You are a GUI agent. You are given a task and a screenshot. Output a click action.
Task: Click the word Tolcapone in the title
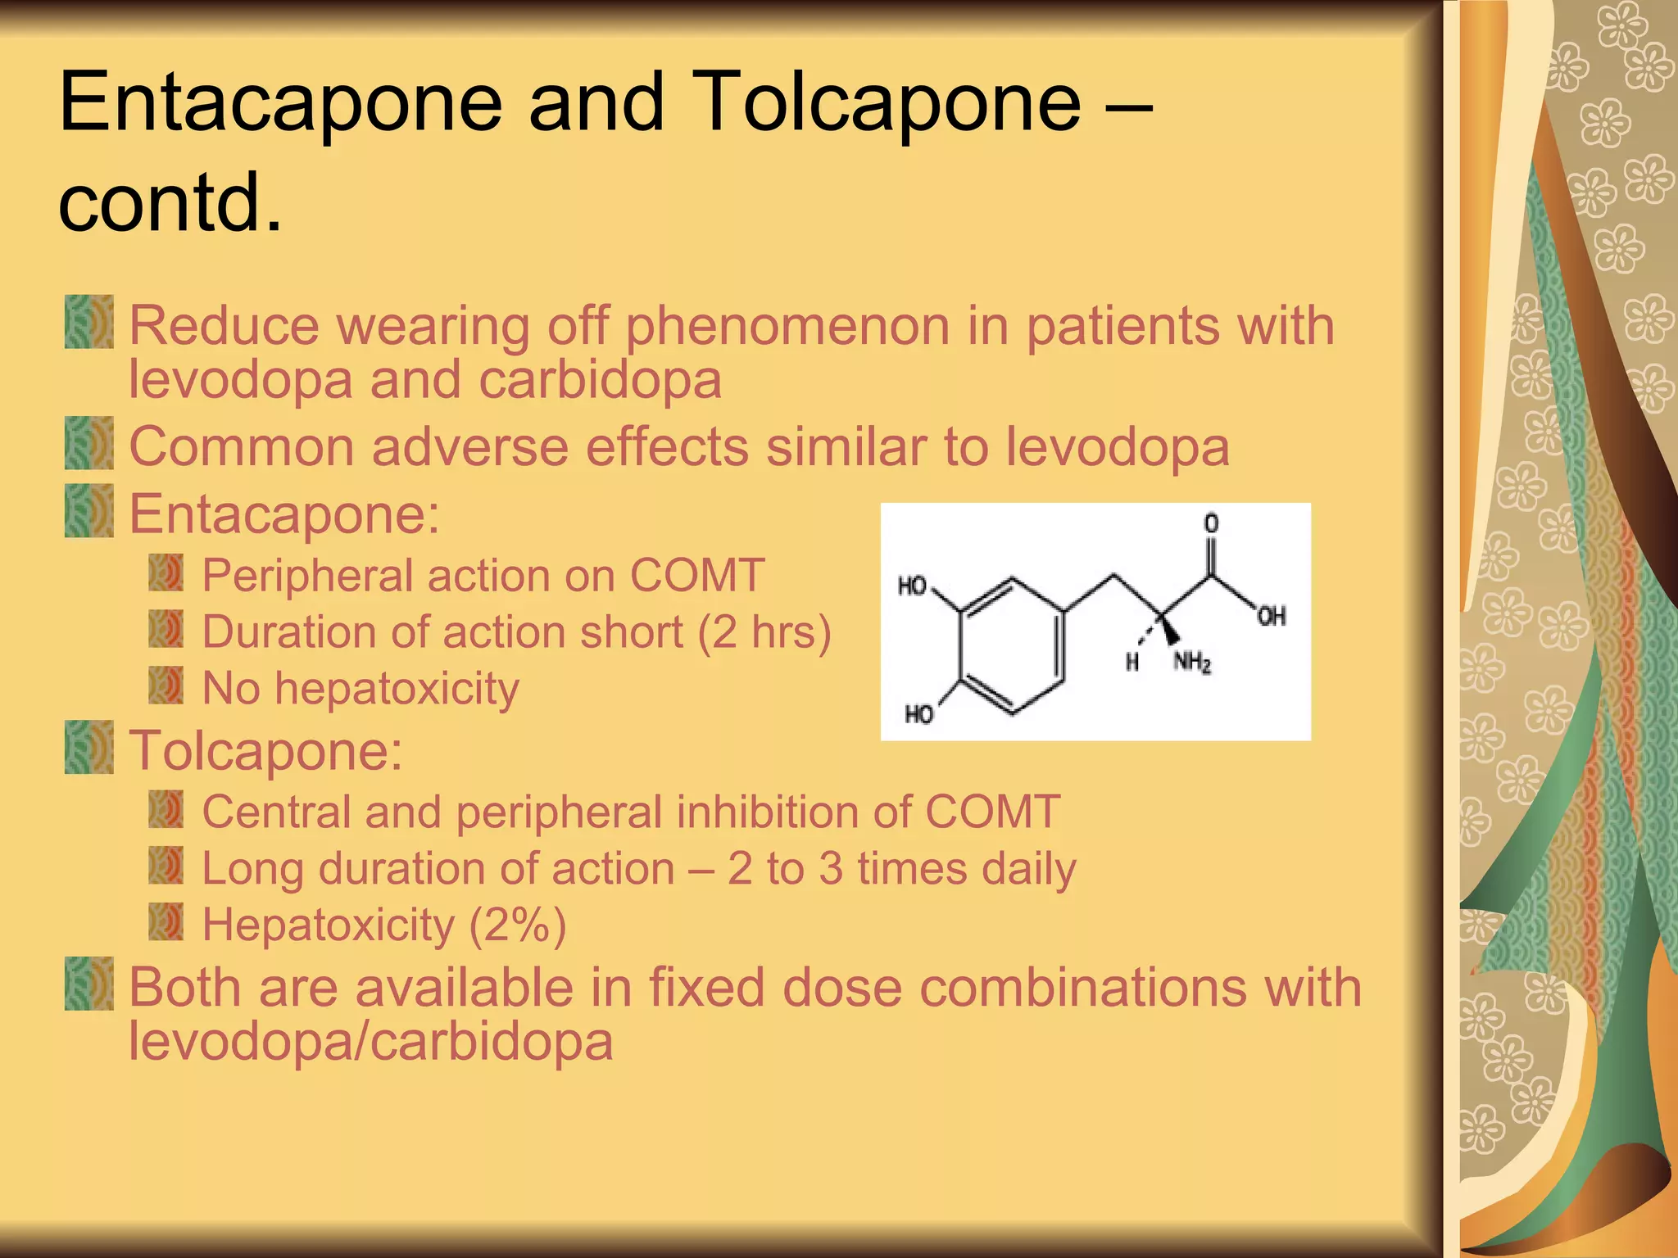pyautogui.click(x=889, y=102)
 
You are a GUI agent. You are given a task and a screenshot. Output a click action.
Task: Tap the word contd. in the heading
pyautogui.click(x=170, y=201)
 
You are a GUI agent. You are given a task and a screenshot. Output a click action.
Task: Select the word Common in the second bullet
pyautogui.click(x=242, y=447)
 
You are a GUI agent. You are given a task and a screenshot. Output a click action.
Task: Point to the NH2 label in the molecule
pyautogui.click(x=1192, y=662)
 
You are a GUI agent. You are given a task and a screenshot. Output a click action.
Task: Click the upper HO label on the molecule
pyautogui.click(x=912, y=586)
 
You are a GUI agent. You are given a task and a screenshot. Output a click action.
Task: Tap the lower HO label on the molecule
pyautogui.click(x=918, y=715)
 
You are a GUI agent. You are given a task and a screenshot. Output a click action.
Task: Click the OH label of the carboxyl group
pyautogui.click(x=1271, y=617)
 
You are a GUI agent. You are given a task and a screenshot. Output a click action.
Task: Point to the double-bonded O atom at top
pyautogui.click(x=1211, y=523)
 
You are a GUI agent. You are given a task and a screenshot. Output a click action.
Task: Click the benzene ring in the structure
pyautogui.click(x=1013, y=646)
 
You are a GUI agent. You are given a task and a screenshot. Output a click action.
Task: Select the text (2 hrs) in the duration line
pyautogui.click(x=764, y=632)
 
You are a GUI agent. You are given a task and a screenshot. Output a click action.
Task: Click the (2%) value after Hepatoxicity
pyautogui.click(x=517, y=925)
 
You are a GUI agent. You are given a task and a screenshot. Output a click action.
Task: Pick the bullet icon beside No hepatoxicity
pyautogui.click(x=166, y=686)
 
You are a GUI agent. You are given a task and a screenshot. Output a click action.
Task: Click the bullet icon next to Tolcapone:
pyautogui.click(x=88, y=747)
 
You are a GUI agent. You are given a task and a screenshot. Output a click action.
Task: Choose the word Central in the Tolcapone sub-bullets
pyautogui.click(x=276, y=812)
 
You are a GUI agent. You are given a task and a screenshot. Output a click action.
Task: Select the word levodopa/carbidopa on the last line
pyautogui.click(x=370, y=1042)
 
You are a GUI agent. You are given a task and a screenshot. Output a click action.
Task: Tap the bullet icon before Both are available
pyautogui.click(x=88, y=984)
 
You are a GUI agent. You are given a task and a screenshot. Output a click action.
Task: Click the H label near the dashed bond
pyautogui.click(x=1132, y=662)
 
